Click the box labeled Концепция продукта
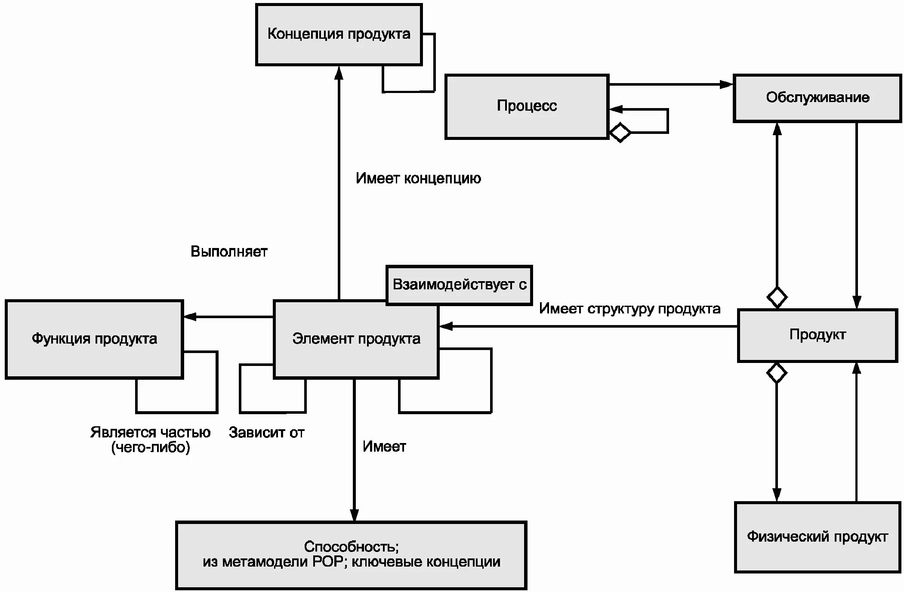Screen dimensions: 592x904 (x=339, y=34)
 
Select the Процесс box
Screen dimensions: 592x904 (x=527, y=106)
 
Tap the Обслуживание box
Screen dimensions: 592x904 (x=817, y=98)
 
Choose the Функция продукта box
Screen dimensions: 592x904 (x=94, y=339)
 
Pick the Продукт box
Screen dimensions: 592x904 (x=817, y=335)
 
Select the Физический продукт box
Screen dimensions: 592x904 (x=817, y=537)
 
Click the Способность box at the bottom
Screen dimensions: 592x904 (x=351, y=555)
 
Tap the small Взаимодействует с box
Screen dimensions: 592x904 (x=459, y=285)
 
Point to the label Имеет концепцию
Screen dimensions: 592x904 (x=418, y=178)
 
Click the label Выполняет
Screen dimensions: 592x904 (x=229, y=251)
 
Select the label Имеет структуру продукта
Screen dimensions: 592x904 (x=629, y=309)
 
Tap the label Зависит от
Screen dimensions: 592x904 (x=266, y=432)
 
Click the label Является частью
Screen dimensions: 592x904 (x=150, y=432)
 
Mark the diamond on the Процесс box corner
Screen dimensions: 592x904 (x=620, y=133)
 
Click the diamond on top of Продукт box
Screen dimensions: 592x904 (x=777, y=297)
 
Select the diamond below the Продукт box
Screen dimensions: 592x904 (x=777, y=373)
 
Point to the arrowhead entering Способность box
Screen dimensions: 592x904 (x=354, y=515)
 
